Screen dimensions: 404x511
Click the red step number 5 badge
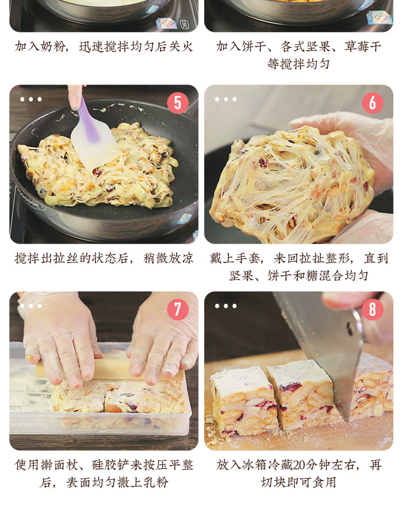178,103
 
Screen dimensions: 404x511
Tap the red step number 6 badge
372,103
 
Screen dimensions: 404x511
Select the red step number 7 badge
178,309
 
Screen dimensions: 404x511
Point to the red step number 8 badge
372,309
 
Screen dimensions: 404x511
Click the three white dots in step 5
31,99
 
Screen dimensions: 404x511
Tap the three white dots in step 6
226,99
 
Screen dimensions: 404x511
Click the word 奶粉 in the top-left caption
53,46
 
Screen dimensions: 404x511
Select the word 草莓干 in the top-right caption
363,46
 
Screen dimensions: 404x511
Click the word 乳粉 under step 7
156,482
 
